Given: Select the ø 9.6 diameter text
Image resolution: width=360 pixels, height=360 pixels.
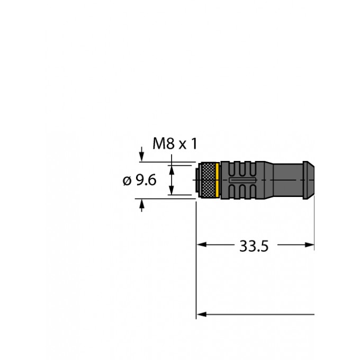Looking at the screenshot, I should (140, 181).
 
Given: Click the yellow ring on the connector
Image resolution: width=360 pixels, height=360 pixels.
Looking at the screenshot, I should (218, 180).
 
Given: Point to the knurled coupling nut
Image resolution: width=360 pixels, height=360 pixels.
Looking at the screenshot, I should (208, 180).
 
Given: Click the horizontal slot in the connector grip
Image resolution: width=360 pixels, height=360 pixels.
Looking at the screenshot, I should (242, 181).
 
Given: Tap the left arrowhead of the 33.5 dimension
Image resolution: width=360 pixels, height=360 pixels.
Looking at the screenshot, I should (202, 245).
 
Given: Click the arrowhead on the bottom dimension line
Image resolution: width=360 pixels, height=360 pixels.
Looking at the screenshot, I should (202, 314).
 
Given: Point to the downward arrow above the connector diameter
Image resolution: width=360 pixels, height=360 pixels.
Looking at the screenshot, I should (142, 157).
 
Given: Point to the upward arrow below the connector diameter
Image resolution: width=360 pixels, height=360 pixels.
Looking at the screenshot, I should (142, 204).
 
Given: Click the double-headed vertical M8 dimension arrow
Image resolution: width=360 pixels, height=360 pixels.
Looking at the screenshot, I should (172, 180).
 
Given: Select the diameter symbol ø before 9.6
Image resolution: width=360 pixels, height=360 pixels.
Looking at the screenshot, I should (126, 181).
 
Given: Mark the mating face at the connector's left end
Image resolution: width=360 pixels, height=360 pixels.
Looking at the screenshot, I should (197, 180).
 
